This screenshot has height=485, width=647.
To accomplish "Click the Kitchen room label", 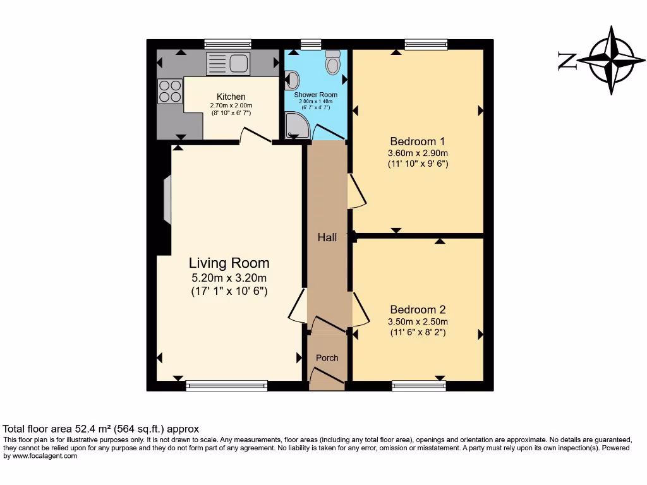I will [x=231, y=97].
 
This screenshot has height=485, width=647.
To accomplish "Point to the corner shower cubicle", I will [x=296, y=126].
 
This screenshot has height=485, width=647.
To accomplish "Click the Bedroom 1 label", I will [x=418, y=141].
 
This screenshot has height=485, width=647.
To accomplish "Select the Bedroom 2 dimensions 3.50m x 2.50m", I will [x=418, y=321].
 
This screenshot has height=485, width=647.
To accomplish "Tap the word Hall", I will [x=327, y=237].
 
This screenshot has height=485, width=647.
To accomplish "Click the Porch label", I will [x=327, y=358].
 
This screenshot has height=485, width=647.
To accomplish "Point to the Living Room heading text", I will [x=229, y=263].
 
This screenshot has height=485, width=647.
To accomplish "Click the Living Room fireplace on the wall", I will [x=166, y=200].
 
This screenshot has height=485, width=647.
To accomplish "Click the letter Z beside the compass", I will [x=567, y=61].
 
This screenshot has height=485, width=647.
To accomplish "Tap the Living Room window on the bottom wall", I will [x=227, y=385].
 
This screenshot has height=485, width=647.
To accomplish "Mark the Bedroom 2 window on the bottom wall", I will [x=418, y=385].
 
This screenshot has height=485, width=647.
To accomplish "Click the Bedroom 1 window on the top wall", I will [x=426, y=44].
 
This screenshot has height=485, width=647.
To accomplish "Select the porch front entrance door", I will [x=327, y=376].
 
